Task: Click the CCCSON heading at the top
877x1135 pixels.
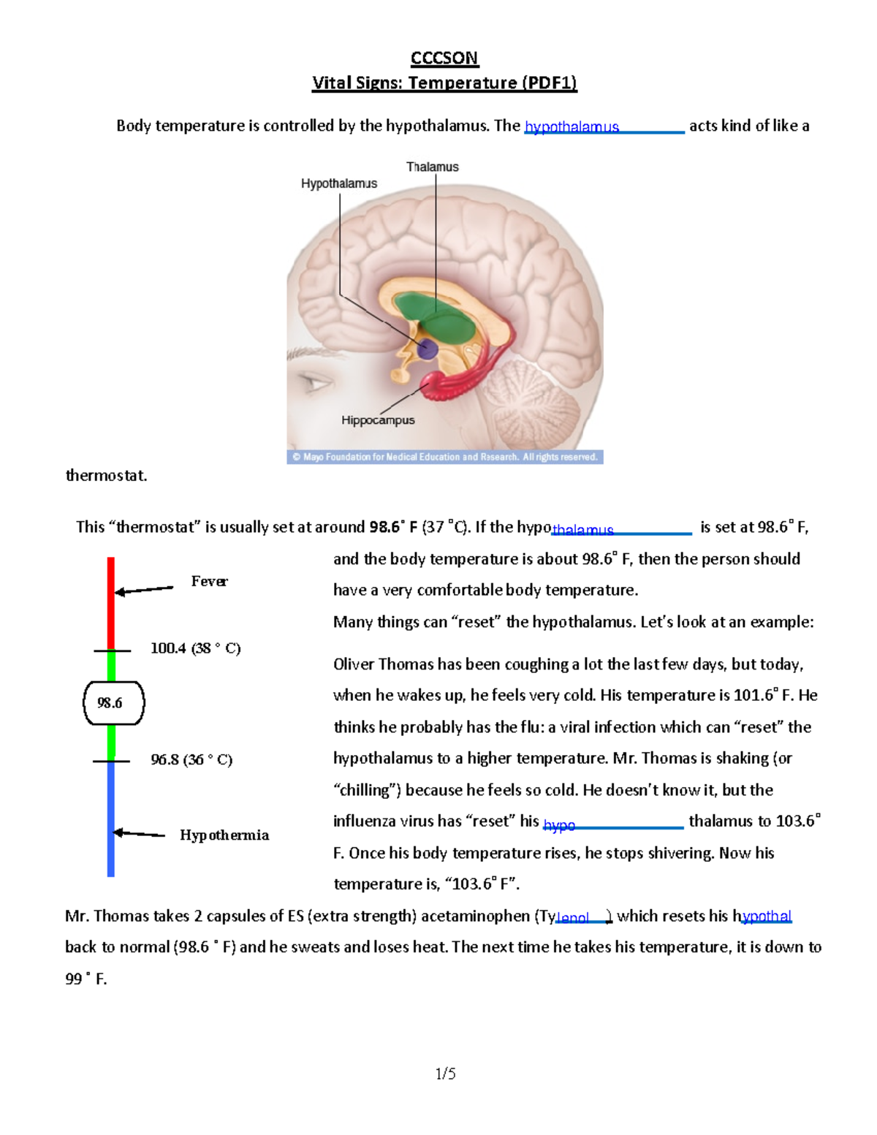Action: (444, 58)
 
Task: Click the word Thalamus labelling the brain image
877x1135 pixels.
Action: (433, 167)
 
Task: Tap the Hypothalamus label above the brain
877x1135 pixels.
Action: (339, 184)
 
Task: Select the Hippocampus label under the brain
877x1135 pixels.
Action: (378, 420)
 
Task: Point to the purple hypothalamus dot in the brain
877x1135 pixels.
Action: (427, 349)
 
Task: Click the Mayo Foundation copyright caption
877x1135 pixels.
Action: (444, 458)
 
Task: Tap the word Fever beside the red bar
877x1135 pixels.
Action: (209, 582)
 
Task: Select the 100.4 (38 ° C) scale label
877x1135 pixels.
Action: (195, 648)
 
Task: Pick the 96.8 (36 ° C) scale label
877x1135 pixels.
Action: (191, 760)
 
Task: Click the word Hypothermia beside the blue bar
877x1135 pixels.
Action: (224, 835)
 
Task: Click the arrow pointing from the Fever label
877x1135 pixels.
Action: (144, 590)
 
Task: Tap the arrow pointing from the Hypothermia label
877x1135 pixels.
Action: (139, 833)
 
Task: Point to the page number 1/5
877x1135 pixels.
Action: (445, 1074)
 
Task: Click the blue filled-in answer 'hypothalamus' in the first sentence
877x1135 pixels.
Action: (572, 127)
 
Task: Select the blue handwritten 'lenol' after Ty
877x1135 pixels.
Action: (573, 918)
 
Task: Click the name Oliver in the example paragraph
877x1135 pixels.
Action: (354, 664)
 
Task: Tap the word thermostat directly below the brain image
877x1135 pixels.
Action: (107, 476)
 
